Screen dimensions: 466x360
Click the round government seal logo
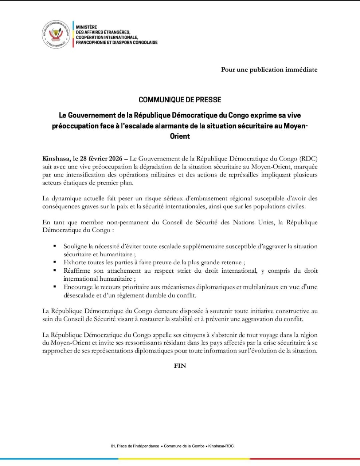pyautogui.click(x=56, y=35)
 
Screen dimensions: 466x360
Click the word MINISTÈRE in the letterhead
pyautogui.click(x=86, y=27)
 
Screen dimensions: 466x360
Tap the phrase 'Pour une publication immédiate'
pyautogui.click(x=269, y=70)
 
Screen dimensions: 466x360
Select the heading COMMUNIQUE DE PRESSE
pyautogui.click(x=180, y=100)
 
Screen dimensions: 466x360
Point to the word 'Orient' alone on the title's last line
pyautogui.click(x=180, y=136)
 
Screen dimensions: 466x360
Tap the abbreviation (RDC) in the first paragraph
pyautogui.click(x=308, y=159)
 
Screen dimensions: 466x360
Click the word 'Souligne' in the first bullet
pyautogui.click(x=75, y=246)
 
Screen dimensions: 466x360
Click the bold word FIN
pyautogui.click(x=180, y=366)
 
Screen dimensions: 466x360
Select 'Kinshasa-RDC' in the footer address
pyautogui.click(x=221, y=446)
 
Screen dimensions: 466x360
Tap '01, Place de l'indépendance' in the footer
pyautogui.click(x=134, y=446)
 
